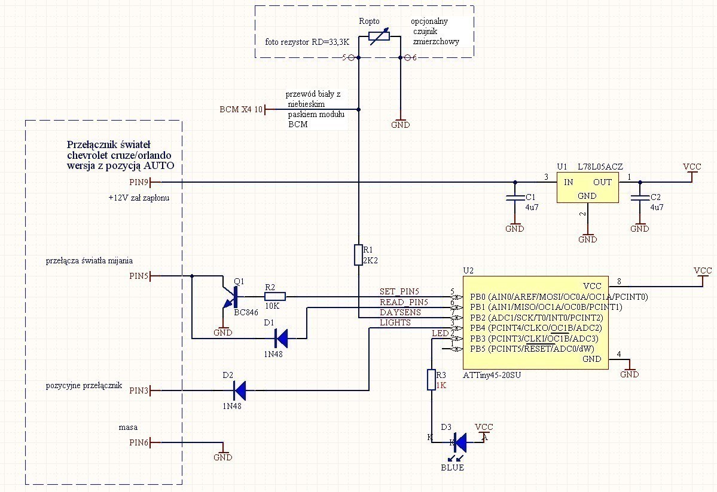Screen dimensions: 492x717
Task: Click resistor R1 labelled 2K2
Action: point(358,254)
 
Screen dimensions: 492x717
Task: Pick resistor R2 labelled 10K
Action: point(275,296)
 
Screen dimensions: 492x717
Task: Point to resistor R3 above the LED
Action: point(431,380)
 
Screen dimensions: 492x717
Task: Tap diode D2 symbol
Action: point(239,391)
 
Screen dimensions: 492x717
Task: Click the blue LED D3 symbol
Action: point(459,442)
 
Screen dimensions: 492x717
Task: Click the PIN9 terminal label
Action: point(139,182)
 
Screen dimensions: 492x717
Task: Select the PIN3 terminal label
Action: point(139,391)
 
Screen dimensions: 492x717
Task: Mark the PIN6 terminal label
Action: point(139,442)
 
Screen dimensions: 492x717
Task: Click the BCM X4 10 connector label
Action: point(241,110)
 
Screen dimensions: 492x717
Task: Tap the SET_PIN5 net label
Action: point(400,291)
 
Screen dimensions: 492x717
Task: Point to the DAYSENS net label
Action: point(400,312)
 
